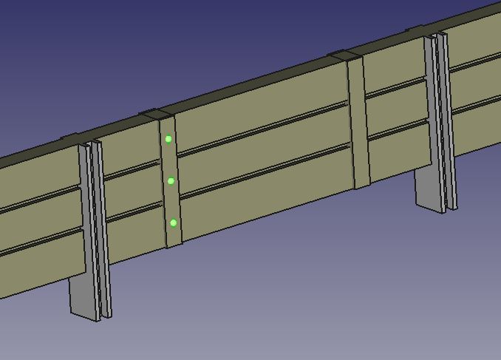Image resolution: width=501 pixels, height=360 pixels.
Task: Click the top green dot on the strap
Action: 168,139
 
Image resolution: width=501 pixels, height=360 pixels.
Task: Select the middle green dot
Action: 171,181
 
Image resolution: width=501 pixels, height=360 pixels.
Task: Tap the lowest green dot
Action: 174,223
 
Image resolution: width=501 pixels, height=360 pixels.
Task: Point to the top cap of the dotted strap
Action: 157,115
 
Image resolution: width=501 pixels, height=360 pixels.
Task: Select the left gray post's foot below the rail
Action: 83,296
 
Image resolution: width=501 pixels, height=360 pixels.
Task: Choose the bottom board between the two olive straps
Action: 266,194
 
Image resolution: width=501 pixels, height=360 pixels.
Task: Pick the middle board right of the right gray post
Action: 477,81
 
